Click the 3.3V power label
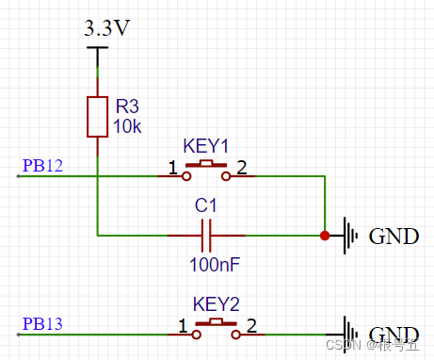coord(106,28)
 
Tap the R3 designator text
coord(127,106)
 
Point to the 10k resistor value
coord(127,126)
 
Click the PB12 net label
coord(42,165)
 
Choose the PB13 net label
coord(42,323)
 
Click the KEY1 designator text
coord(205,146)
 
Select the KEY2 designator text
coord(217,304)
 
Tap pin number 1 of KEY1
coord(173,168)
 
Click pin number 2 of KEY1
coord(242,168)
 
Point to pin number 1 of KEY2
coord(183,326)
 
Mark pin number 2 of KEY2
coord(251,326)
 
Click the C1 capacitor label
coord(205,205)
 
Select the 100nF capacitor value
coord(215,265)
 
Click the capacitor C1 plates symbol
coord(206,236)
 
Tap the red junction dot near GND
coord(325,236)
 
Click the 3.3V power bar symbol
coord(98,48)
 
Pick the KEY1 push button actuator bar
coord(206,164)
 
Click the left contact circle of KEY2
coord(197,335)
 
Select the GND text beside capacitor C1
coord(394,237)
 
